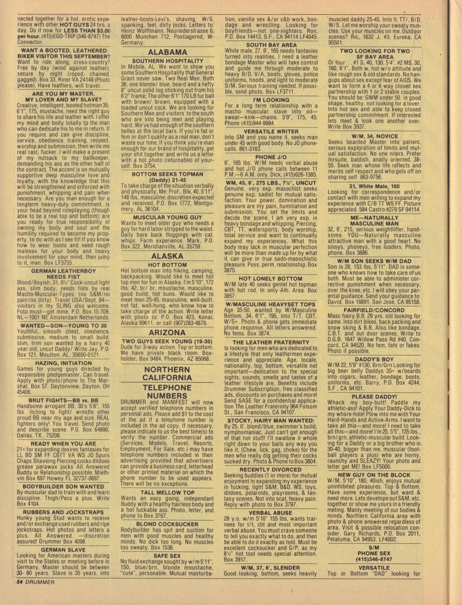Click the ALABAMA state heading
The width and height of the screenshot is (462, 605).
coord(167,52)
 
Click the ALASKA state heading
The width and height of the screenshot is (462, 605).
coord(167,256)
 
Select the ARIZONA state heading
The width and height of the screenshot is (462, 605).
coord(167,332)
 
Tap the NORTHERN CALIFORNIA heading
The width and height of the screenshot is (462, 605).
coord(167,373)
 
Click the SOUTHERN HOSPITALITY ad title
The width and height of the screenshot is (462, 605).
coord(167,61)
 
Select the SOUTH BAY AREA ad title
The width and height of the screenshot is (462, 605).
coord(271,45)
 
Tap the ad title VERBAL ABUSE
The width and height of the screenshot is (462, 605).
coord(270,513)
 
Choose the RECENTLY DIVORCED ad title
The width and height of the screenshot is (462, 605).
coord(270,469)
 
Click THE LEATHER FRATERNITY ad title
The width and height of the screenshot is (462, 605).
coord(271,342)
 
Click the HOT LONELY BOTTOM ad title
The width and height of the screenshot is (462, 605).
coord(270,279)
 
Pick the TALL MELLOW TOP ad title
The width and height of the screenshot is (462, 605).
coord(167,492)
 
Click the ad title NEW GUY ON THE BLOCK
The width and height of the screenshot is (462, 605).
coord(374,475)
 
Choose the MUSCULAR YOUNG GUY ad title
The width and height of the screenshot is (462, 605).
coord(167,217)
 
